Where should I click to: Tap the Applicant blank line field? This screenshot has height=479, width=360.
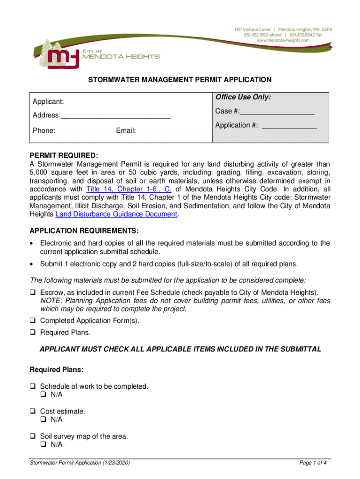click(116, 102)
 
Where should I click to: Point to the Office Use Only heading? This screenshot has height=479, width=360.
click(243, 97)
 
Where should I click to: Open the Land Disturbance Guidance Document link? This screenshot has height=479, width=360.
click(116, 214)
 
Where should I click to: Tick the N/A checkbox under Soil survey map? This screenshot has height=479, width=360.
click(43, 444)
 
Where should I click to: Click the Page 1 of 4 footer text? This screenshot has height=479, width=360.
click(313, 463)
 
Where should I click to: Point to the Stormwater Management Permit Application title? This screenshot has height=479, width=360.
click(180, 80)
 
